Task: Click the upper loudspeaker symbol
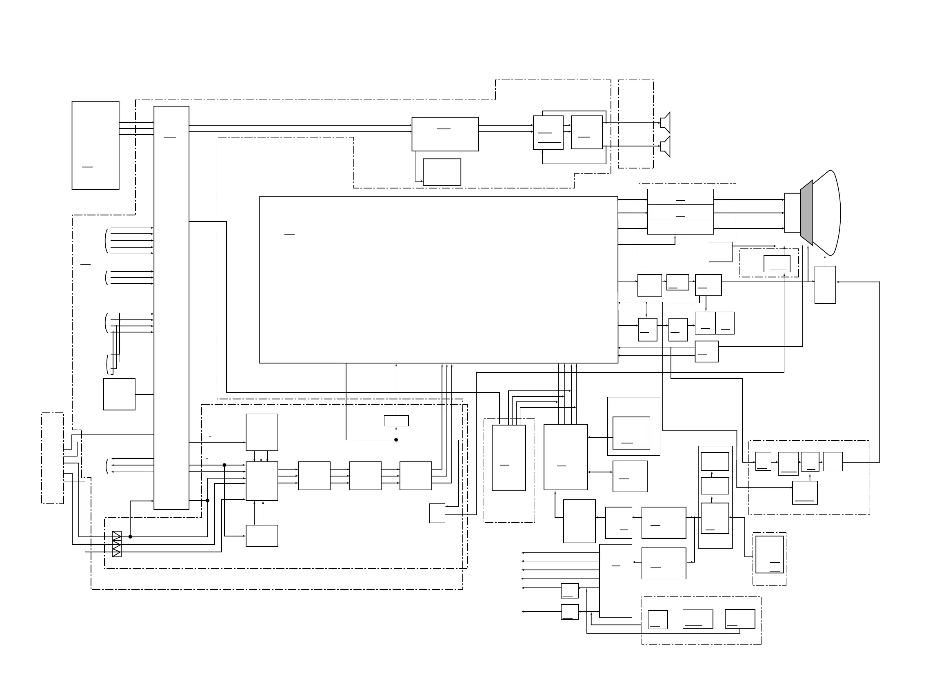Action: [666, 123]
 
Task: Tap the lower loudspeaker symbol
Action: [666, 146]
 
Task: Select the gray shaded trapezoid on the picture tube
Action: [806, 213]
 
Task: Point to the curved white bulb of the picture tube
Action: [828, 213]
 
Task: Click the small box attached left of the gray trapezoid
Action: [792, 213]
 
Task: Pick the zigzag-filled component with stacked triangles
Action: [117, 544]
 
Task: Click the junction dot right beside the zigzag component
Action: [130, 537]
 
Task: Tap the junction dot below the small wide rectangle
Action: [396, 439]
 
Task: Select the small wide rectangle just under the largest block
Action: [396, 421]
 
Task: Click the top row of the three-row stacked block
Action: [680, 197]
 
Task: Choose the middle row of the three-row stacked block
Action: [680, 213]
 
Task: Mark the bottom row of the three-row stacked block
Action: [680, 228]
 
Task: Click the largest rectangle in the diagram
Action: [438, 279]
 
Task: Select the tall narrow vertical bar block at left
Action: [171, 308]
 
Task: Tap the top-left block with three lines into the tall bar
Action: [95, 145]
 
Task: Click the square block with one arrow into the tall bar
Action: [119, 394]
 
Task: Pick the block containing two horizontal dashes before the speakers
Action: [548, 133]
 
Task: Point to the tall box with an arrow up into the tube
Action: [825, 285]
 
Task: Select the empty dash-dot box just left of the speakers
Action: [635, 124]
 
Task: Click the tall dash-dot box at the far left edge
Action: [52, 458]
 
